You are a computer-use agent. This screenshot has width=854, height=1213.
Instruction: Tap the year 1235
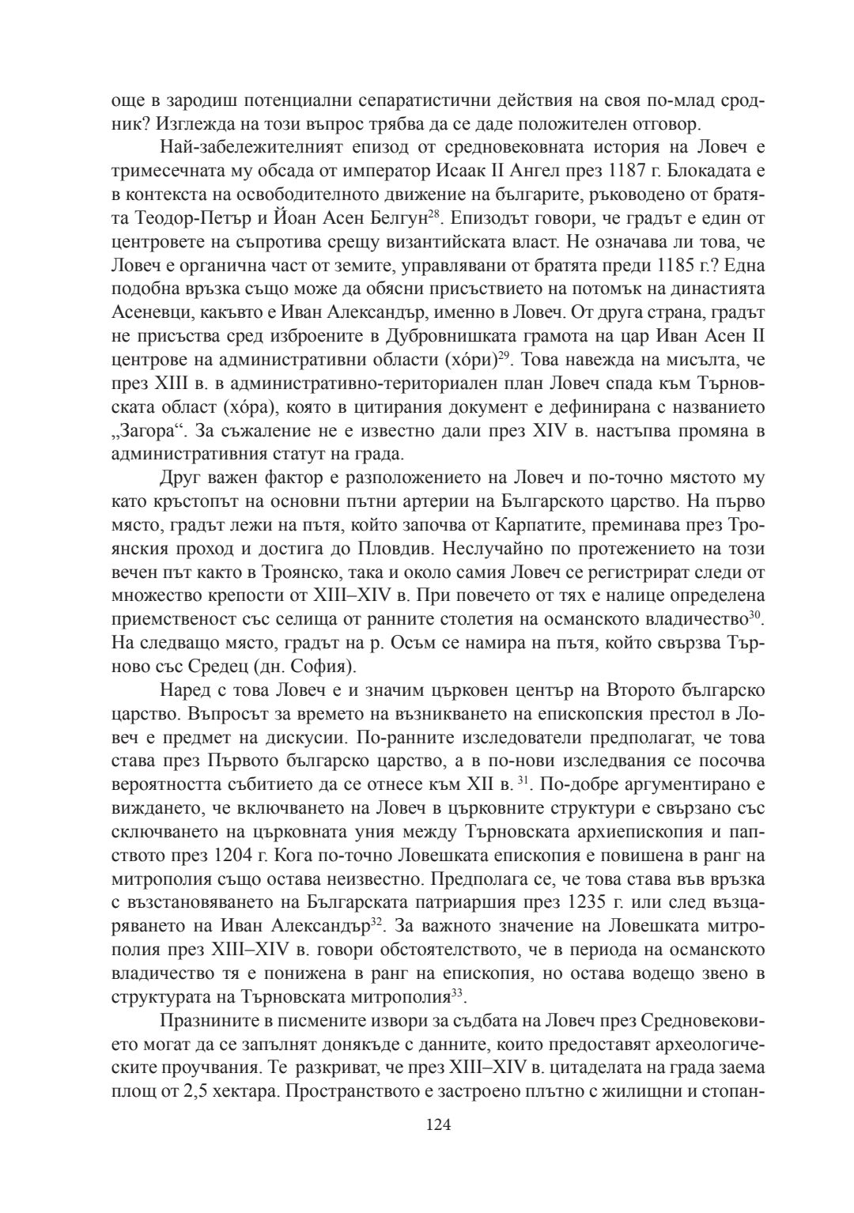[x=589, y=901]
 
